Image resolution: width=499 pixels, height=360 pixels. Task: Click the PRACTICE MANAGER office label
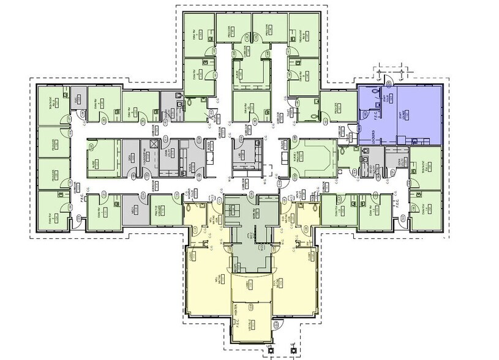click(157, 210)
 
